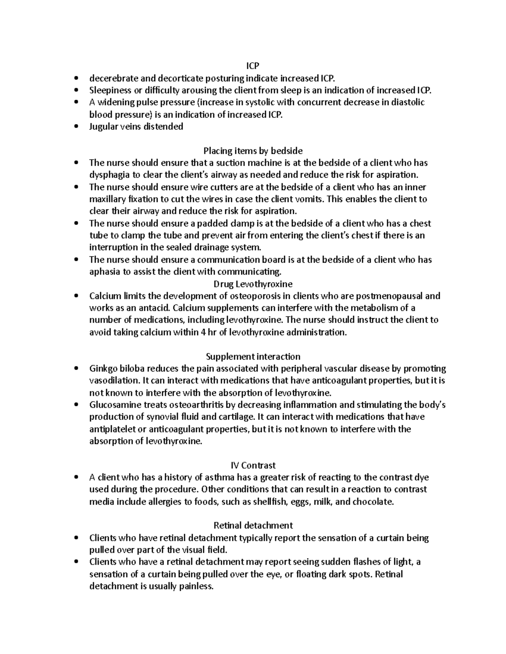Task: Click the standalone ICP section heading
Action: (253, 66)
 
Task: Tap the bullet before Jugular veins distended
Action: (76, 127)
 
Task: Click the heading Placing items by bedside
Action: (253, 151)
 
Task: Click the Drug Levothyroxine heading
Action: (253, 284)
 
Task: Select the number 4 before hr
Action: (204, 332)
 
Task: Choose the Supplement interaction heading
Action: (253, 357)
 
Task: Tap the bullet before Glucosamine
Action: (76, 405)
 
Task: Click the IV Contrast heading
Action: (253, 465)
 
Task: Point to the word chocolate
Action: (371, 502)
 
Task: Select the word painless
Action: (196, 586)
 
